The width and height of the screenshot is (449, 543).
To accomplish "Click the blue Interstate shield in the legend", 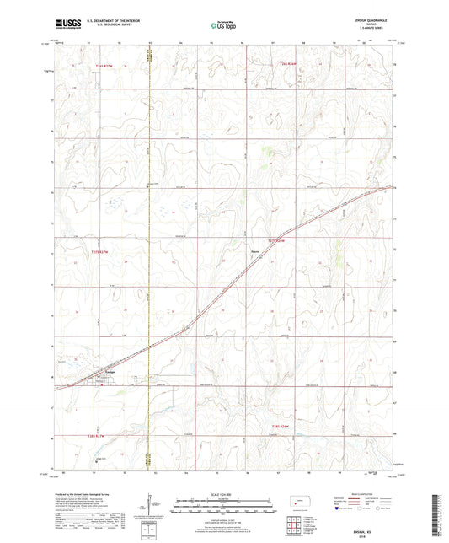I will pyautogui.click(x=339, y=509).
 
